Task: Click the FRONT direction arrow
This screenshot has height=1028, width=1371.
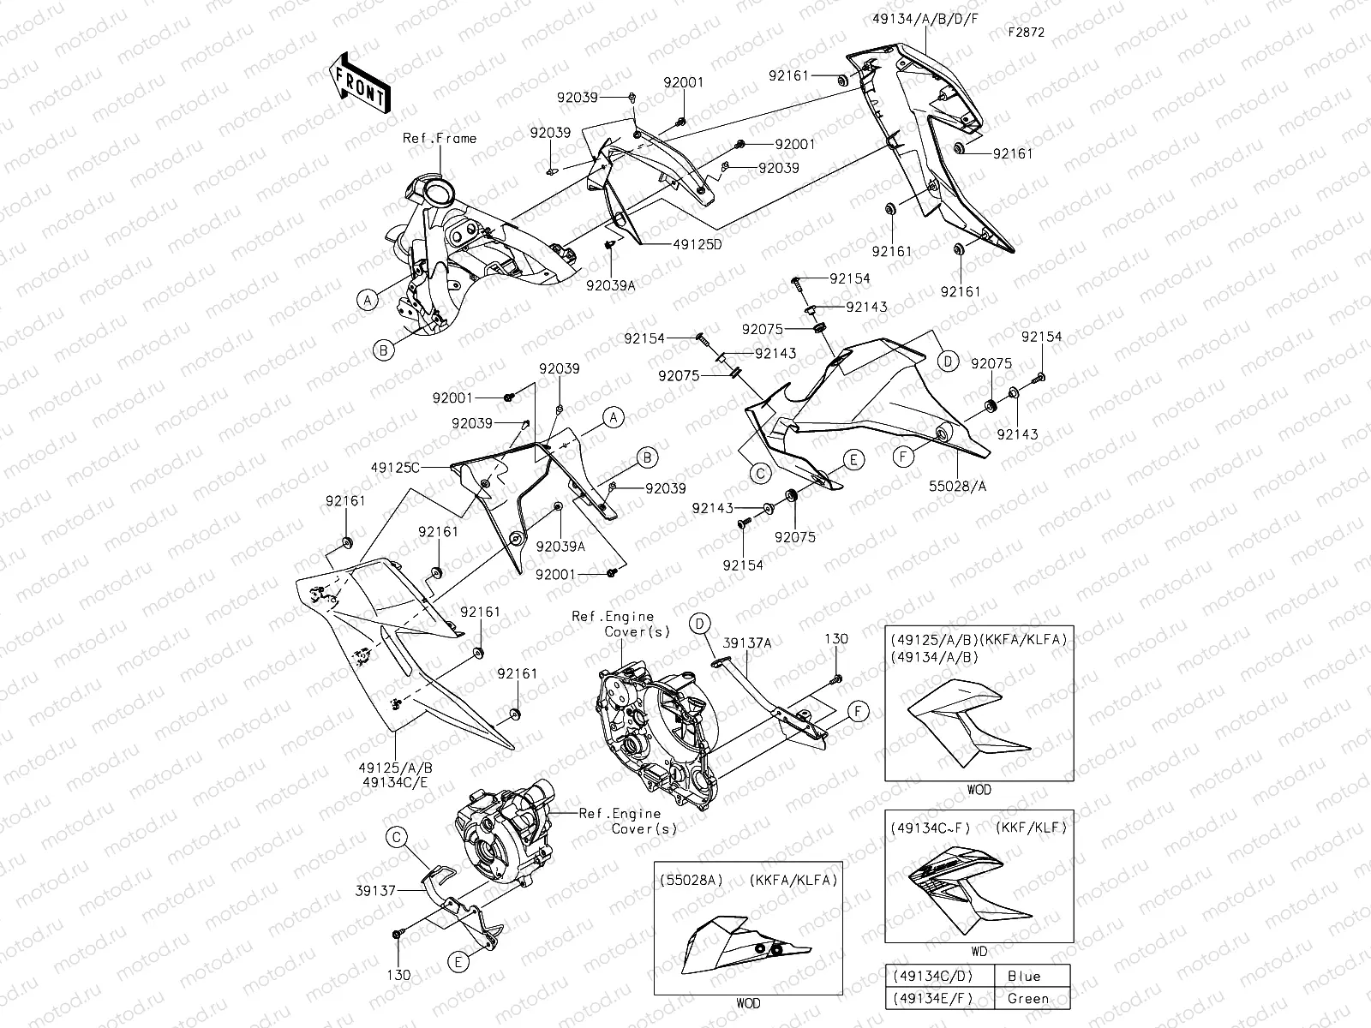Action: pyautogui.click(x=359, y=85)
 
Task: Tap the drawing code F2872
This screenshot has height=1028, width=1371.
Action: pyautogui.click(x=1027, y=33)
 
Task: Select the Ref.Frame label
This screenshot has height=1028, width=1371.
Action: pyautogui.click(x=440, y=138)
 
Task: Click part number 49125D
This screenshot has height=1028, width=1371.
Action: pyautogui.click(x=697, y=244)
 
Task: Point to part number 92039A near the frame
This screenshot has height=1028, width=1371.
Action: pyautogui.click(x=611, y=284)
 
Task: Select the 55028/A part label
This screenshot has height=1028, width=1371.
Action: pyautogui.click(x=957, y=485)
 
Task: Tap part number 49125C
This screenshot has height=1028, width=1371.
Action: pyautogui.click(x=396, y=467)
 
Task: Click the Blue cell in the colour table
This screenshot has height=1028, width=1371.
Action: pyautogui.click(x=1024, y=976)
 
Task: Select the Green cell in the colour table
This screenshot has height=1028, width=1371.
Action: pyautogui.click(x=1027, y=998)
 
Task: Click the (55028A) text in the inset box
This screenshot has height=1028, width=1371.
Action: pyautogui.click(x=691, y=880)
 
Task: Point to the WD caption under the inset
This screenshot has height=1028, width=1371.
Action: pyautogui.click(x=979, y=952)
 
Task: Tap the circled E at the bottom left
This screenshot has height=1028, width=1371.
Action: pyautogui.click(x=458, y=962)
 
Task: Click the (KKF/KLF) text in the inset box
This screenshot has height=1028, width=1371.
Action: pyautogui.click(x=1031, y=828)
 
